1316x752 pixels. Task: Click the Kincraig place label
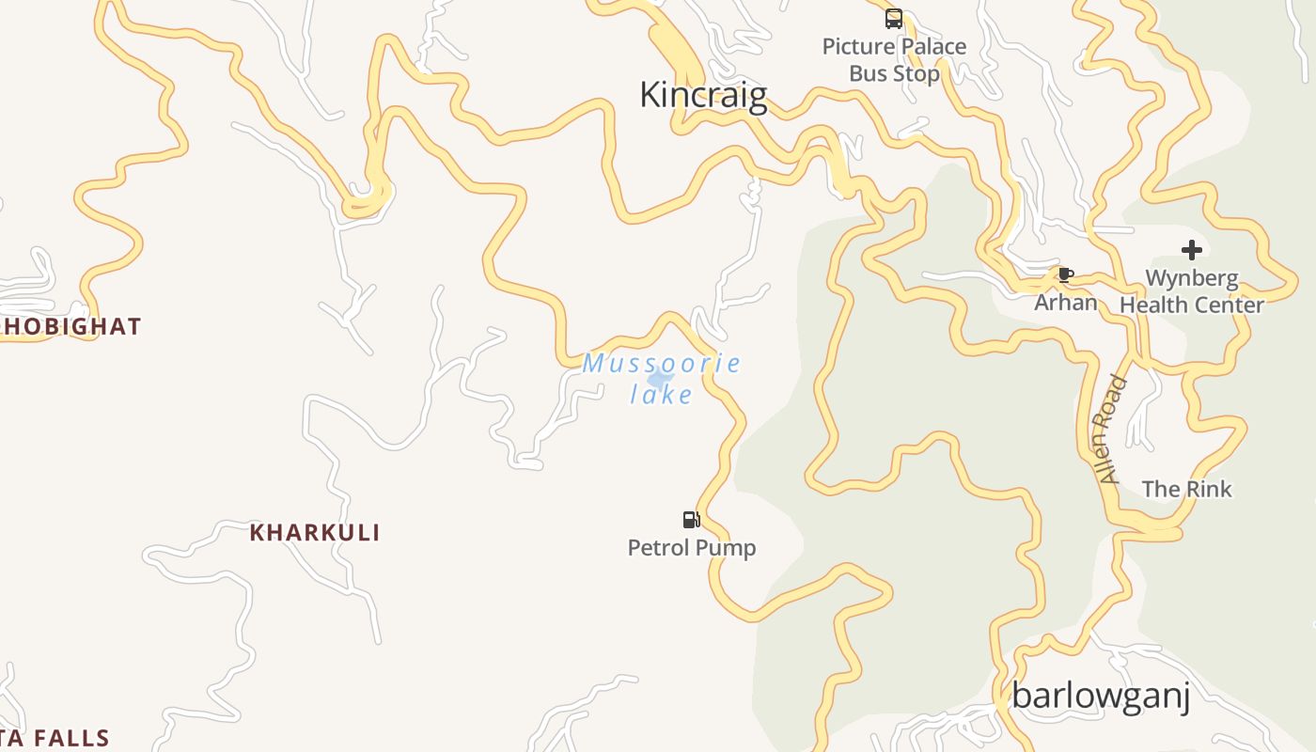pos(703,95)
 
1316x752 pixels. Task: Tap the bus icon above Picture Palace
pos(893,18)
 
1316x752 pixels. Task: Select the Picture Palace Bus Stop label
pos(894,60)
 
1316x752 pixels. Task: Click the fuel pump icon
pos(691,519)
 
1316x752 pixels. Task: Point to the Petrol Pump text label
pos(692,547)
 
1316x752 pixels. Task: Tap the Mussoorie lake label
pos(662,378)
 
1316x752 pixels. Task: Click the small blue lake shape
pos(660,378)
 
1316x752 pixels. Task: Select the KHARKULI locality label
pos(315,533)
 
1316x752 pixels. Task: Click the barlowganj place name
pos(1101,697)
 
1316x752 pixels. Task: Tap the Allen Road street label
pos(1112,429)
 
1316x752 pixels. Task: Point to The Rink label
pos(1186,489)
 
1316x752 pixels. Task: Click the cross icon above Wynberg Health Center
pos(1191,250)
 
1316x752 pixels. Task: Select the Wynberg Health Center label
pos(1191,291)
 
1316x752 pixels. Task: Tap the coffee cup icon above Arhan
pos(1065,274)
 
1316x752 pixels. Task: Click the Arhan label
pos(1066,302)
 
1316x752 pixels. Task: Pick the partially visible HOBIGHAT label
pos(70,326)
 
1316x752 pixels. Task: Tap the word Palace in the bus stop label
pos(929,46)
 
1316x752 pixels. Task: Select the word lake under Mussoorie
pos(662,394)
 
